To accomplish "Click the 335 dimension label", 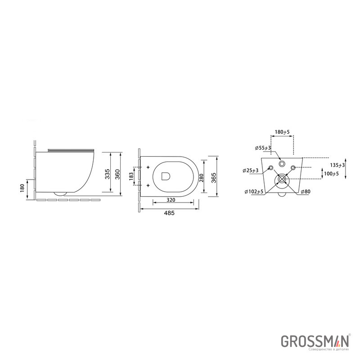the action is click(107, 174).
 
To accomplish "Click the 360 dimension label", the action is click(117, 174).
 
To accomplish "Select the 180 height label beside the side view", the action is click(22, 188).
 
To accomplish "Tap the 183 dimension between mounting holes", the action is click(131, 176).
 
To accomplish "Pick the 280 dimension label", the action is click(201, 177).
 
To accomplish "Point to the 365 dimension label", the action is click(213, 177).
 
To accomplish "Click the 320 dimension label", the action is click(171, 200).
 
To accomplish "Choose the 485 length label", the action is click(169, 213).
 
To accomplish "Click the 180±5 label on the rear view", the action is click(282, 132).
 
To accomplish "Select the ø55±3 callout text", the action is click(263, 148).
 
